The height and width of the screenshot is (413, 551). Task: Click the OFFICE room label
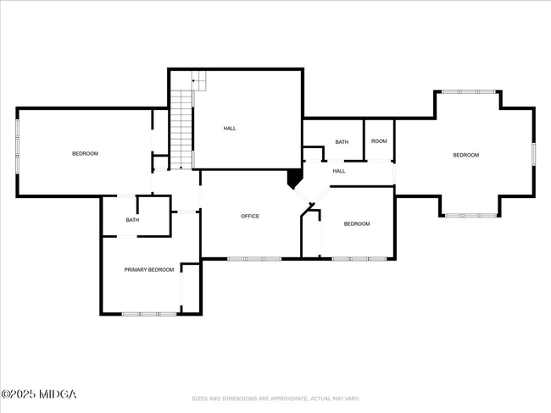pyautogui.click(x=250, y=216)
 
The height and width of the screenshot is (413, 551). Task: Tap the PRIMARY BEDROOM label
pyautogui.click(x=149, y=270)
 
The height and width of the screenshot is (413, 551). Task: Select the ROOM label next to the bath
pyautogui.click(x=379, y=141)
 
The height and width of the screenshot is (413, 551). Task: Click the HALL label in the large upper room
pyautogui.click(x=230, y=129)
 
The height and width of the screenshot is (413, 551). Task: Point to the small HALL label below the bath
pyautogui.click(x=339, y=171)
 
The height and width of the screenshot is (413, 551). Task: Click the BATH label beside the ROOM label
pyautogui.click(x=342, y=142)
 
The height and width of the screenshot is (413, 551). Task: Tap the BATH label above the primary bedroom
pyautogui.click(x=132, y=220)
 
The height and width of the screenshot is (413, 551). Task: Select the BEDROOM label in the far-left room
pyautogui.click(x=85, y=154)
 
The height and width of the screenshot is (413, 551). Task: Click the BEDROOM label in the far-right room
pyautogui.click(x=466, y=155)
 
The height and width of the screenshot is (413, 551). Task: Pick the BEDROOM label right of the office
pyautogui.click(x=357, y=224)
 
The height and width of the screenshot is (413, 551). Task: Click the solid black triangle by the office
pyautogui.click(x=294, y=178)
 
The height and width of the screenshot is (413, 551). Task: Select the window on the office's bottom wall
pyautogui.click(x=254, y=259)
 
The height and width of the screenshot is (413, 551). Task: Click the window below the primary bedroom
pyautogui.click(x=149, y=314)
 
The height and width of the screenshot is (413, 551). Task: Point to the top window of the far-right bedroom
pyautogui.click(x=469, y=92)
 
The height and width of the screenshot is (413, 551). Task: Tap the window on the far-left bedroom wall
pyautogui.click(x=17, y=146)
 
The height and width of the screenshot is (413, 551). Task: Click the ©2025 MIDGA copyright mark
pyautogui.click(x=39, y=394)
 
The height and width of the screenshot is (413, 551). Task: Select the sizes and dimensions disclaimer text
pyautogui.click(x=275, y=399)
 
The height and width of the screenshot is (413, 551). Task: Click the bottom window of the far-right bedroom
pyautogui.click(x=470, y=216)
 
